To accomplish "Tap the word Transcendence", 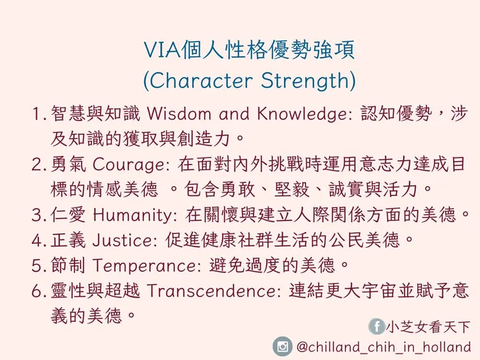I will coord(213,291).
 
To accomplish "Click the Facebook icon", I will coord(376,326).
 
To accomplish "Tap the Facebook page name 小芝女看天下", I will coord(428,326).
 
